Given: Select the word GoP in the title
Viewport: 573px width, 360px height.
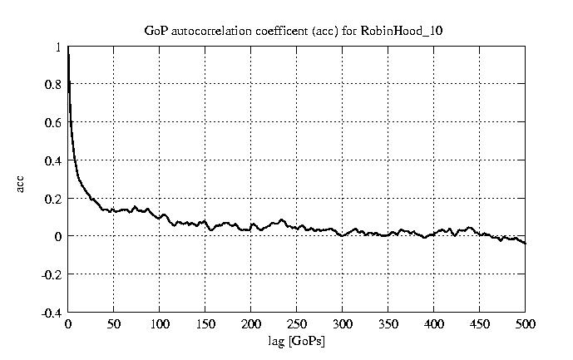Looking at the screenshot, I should pos(156,31).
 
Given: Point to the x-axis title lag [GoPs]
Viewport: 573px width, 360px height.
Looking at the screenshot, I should pos(297,340).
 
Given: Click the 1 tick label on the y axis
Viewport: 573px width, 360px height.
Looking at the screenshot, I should pos(58,47).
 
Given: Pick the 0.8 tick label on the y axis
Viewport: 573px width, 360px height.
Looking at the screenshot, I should pos(53,85).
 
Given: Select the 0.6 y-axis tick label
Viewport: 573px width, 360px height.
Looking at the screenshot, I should pos(53,123).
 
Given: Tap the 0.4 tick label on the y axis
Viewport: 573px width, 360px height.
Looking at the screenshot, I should pos(53,161).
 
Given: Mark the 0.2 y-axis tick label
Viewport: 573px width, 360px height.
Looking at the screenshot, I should pos(53,199).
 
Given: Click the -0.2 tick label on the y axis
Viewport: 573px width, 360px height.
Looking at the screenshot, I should pos(52,274).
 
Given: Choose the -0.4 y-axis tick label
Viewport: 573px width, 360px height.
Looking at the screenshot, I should pos(52,313).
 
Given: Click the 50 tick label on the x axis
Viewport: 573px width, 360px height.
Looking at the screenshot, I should pos(114,324).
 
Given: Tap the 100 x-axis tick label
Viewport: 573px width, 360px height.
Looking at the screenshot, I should pos(160,324).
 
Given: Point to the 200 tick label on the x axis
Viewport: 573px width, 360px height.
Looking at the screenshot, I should pos(251,324).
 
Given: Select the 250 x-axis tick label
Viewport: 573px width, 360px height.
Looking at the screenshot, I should pos(297,324).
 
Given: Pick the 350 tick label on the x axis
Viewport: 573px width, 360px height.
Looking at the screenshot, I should pos(388,324).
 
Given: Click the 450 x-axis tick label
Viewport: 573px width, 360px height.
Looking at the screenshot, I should pos(480,324).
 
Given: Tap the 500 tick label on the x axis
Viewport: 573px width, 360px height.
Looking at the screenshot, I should pos(526,324).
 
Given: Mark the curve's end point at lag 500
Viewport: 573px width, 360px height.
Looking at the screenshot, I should pos(526,244).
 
